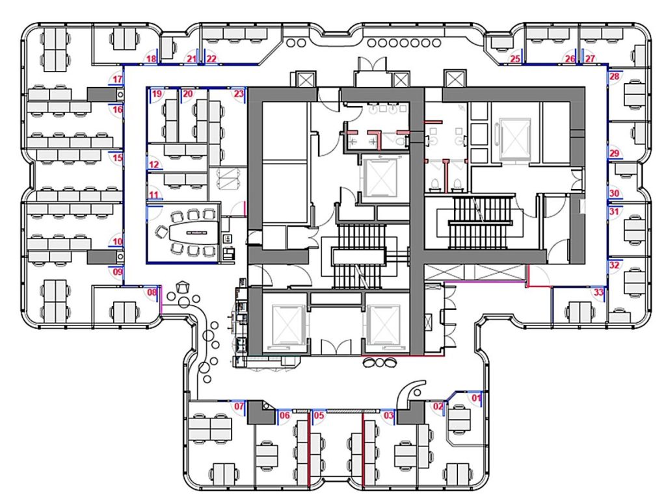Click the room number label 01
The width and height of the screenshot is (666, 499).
(x=477, y=398)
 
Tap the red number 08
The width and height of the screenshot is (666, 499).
(x=152, y=292)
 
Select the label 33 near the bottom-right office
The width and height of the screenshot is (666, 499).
(x=598, y=292)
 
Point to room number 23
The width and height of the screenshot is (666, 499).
(x=239, y=94)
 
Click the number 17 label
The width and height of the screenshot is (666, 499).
(x=118, y=79)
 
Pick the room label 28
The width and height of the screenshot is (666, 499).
(x=614, y=77)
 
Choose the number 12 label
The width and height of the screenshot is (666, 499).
(x=153, y=164)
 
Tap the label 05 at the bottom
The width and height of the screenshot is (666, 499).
(x=319, y=415)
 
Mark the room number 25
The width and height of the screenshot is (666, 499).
(x=515, y=58)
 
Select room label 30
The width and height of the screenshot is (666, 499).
(x=614, y=194)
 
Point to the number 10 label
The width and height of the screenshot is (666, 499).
(x=118, y=242)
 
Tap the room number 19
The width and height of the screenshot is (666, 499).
(x=157, y=94)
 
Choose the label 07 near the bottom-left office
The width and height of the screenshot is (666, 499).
(x=239, y=406)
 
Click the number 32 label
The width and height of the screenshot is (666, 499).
(x=614, y=266)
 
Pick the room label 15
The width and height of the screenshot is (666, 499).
(x=118, y=158)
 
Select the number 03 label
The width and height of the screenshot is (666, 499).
(x=389, y=415)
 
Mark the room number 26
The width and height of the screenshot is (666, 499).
(x=570, y=58)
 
